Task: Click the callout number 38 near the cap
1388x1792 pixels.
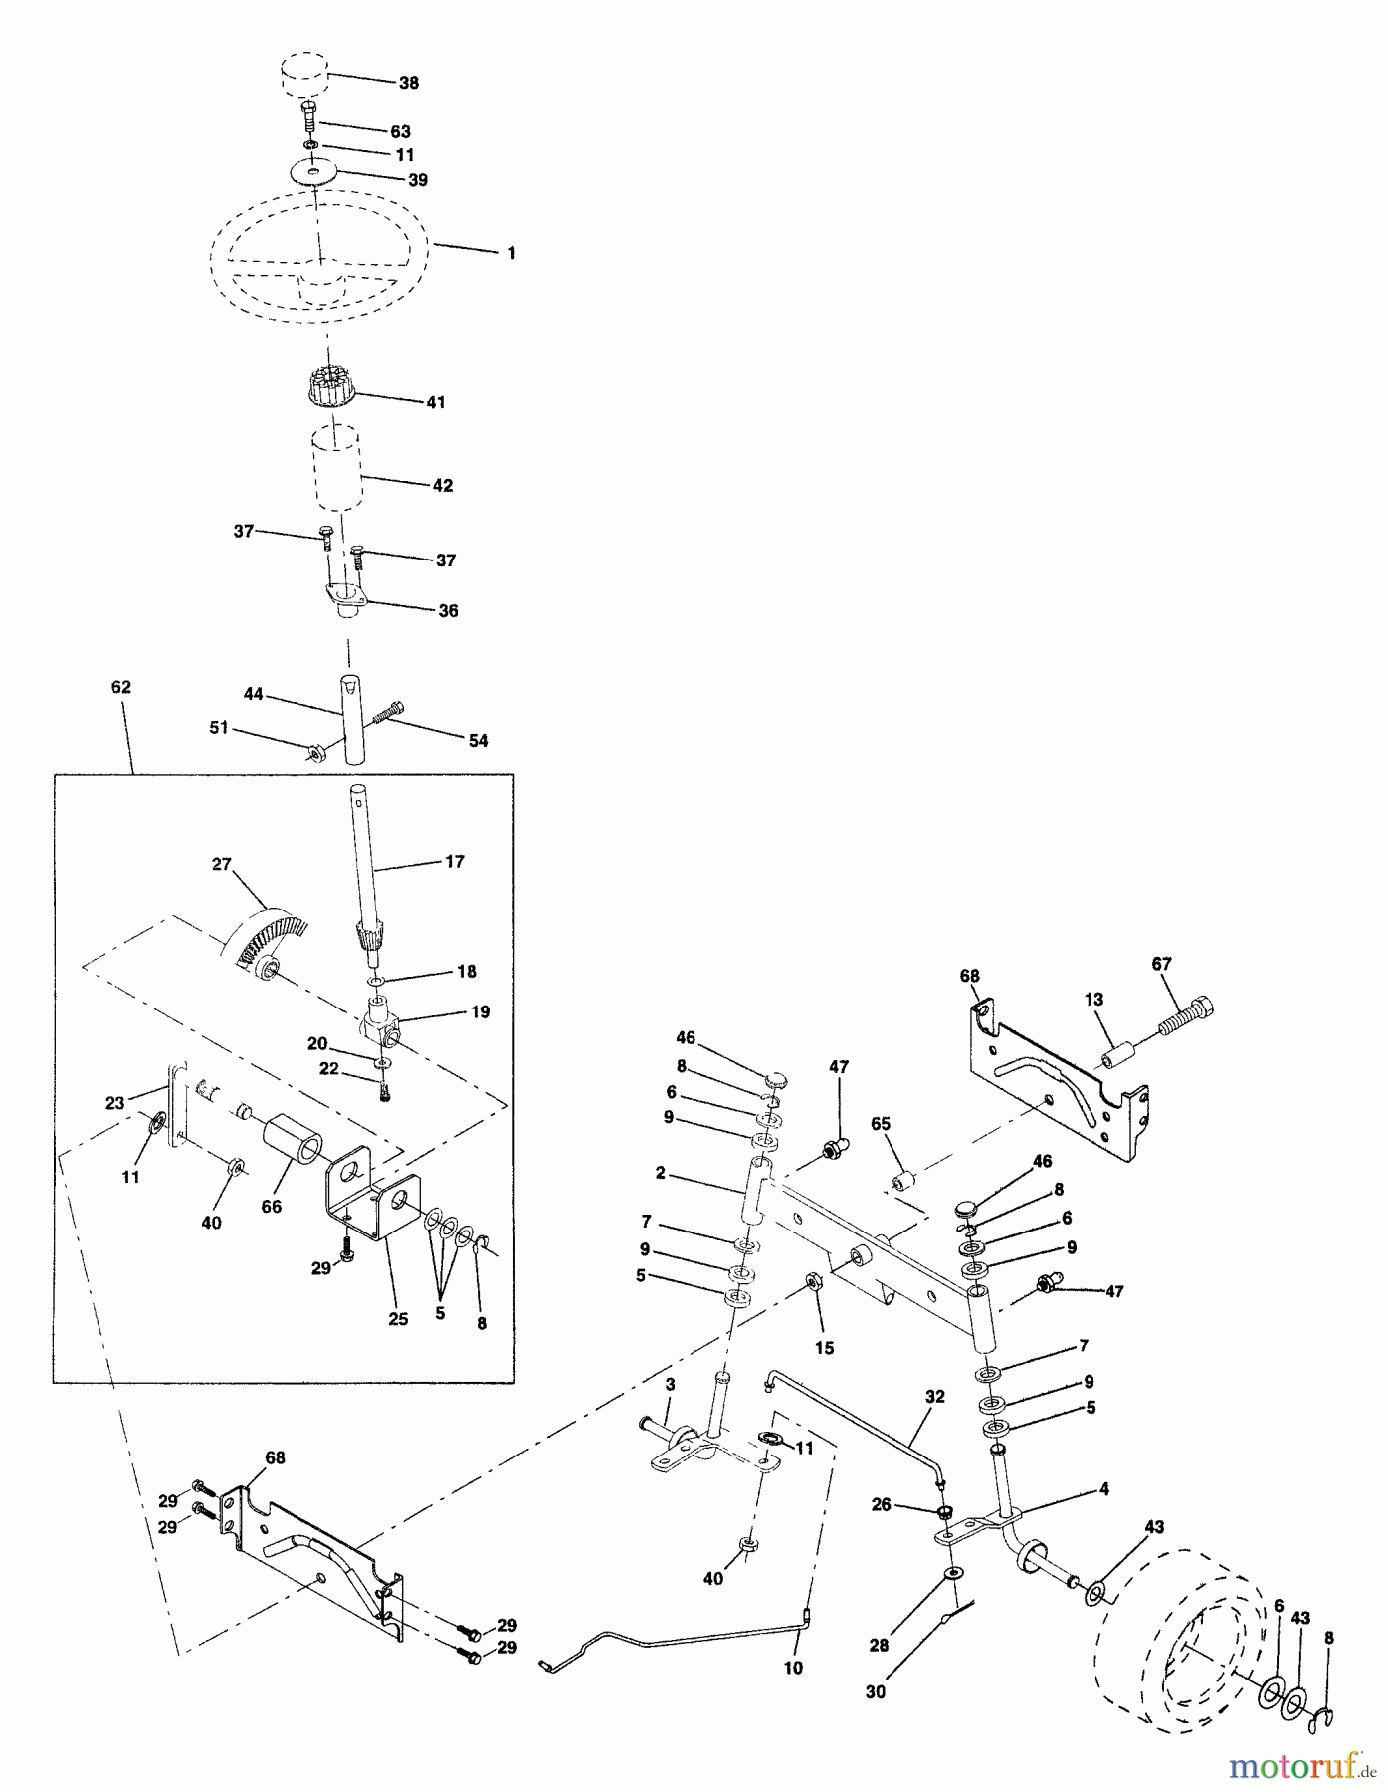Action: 409,83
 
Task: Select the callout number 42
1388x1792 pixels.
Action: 443,486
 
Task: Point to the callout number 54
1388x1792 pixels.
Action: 478,741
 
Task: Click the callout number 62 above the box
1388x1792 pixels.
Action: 120,688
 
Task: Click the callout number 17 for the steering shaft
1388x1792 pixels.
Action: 454,862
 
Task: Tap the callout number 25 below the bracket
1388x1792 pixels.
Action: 397,1320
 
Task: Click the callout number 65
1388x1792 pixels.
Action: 880,1124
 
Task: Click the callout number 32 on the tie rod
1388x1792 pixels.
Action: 933,1397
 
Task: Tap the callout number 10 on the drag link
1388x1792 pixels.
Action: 793,1668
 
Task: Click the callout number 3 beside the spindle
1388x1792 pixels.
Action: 670,1385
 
